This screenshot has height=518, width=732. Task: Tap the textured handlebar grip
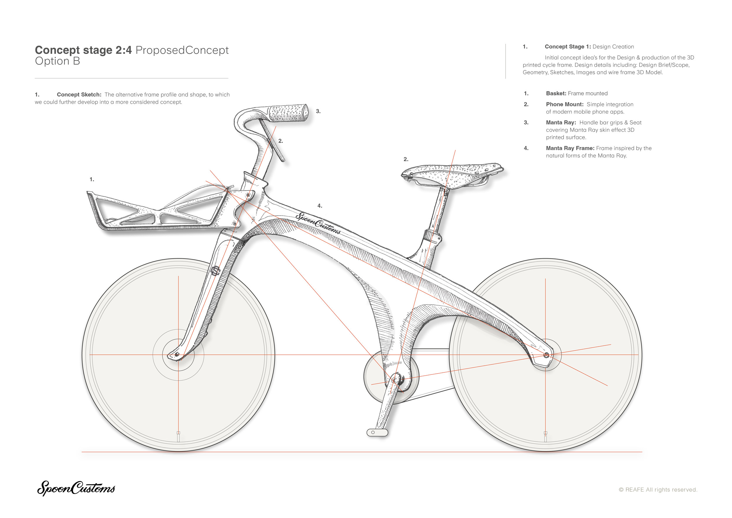[x=288, y=112]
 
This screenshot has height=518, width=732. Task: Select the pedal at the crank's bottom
[x=377, y=432]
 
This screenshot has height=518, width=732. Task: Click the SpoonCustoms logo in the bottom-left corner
[x=76, y=488]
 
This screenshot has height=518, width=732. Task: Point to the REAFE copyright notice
[x=658, y=490]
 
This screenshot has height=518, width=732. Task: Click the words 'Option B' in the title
[x=57, y=61]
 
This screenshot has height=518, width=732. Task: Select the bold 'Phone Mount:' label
[x=565, y=104]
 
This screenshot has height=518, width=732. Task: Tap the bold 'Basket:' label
[x=556, y=93]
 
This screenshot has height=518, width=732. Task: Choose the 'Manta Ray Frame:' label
[x=570, y=148]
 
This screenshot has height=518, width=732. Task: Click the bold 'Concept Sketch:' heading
[x=79, y=95]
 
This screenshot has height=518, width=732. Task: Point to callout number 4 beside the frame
[x=320, y=206]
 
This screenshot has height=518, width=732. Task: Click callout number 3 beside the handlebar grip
[x=318, y=111]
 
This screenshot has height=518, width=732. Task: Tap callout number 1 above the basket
[x=92, y=180]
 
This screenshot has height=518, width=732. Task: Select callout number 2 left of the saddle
[x=406, y=159]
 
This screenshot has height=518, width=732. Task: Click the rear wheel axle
[x=546, y=355]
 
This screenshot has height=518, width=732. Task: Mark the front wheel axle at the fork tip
[x=177, y=355]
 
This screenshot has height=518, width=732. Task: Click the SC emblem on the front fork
[x=216, y=271]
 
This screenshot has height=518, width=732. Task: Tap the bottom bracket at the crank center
[x=395, y=380]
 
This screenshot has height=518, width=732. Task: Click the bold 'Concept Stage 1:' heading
[x=567, y=47]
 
